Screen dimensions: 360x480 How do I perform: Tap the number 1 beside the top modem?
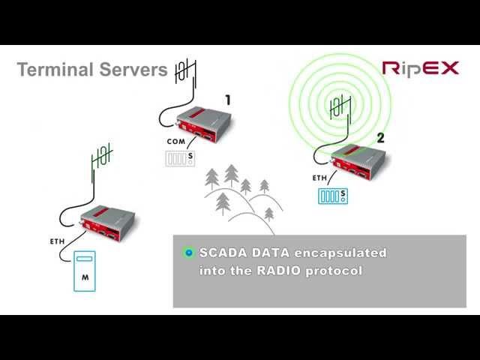coord(228,100)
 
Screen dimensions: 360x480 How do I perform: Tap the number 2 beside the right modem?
coord(380,138)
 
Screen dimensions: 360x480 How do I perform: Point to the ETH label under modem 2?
coord(319,178)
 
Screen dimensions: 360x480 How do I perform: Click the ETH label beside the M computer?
coord(58,241)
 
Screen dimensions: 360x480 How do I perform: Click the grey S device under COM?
coord(180,158)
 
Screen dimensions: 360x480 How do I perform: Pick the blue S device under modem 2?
coord(331,196)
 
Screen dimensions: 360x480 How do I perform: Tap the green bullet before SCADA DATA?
coord(189,253)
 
